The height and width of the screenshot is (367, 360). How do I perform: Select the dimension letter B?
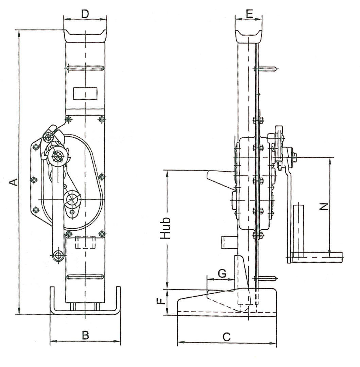(85, 335)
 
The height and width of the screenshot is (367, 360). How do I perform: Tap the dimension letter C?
(226, 337)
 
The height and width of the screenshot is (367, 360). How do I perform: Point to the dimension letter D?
(85, 14)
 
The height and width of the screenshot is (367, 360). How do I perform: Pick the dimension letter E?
(250, 14)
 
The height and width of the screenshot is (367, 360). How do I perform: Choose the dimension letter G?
(222, 273)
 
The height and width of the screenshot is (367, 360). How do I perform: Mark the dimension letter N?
(324, 207)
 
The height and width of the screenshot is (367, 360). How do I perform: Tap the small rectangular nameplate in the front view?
(85, 93)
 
